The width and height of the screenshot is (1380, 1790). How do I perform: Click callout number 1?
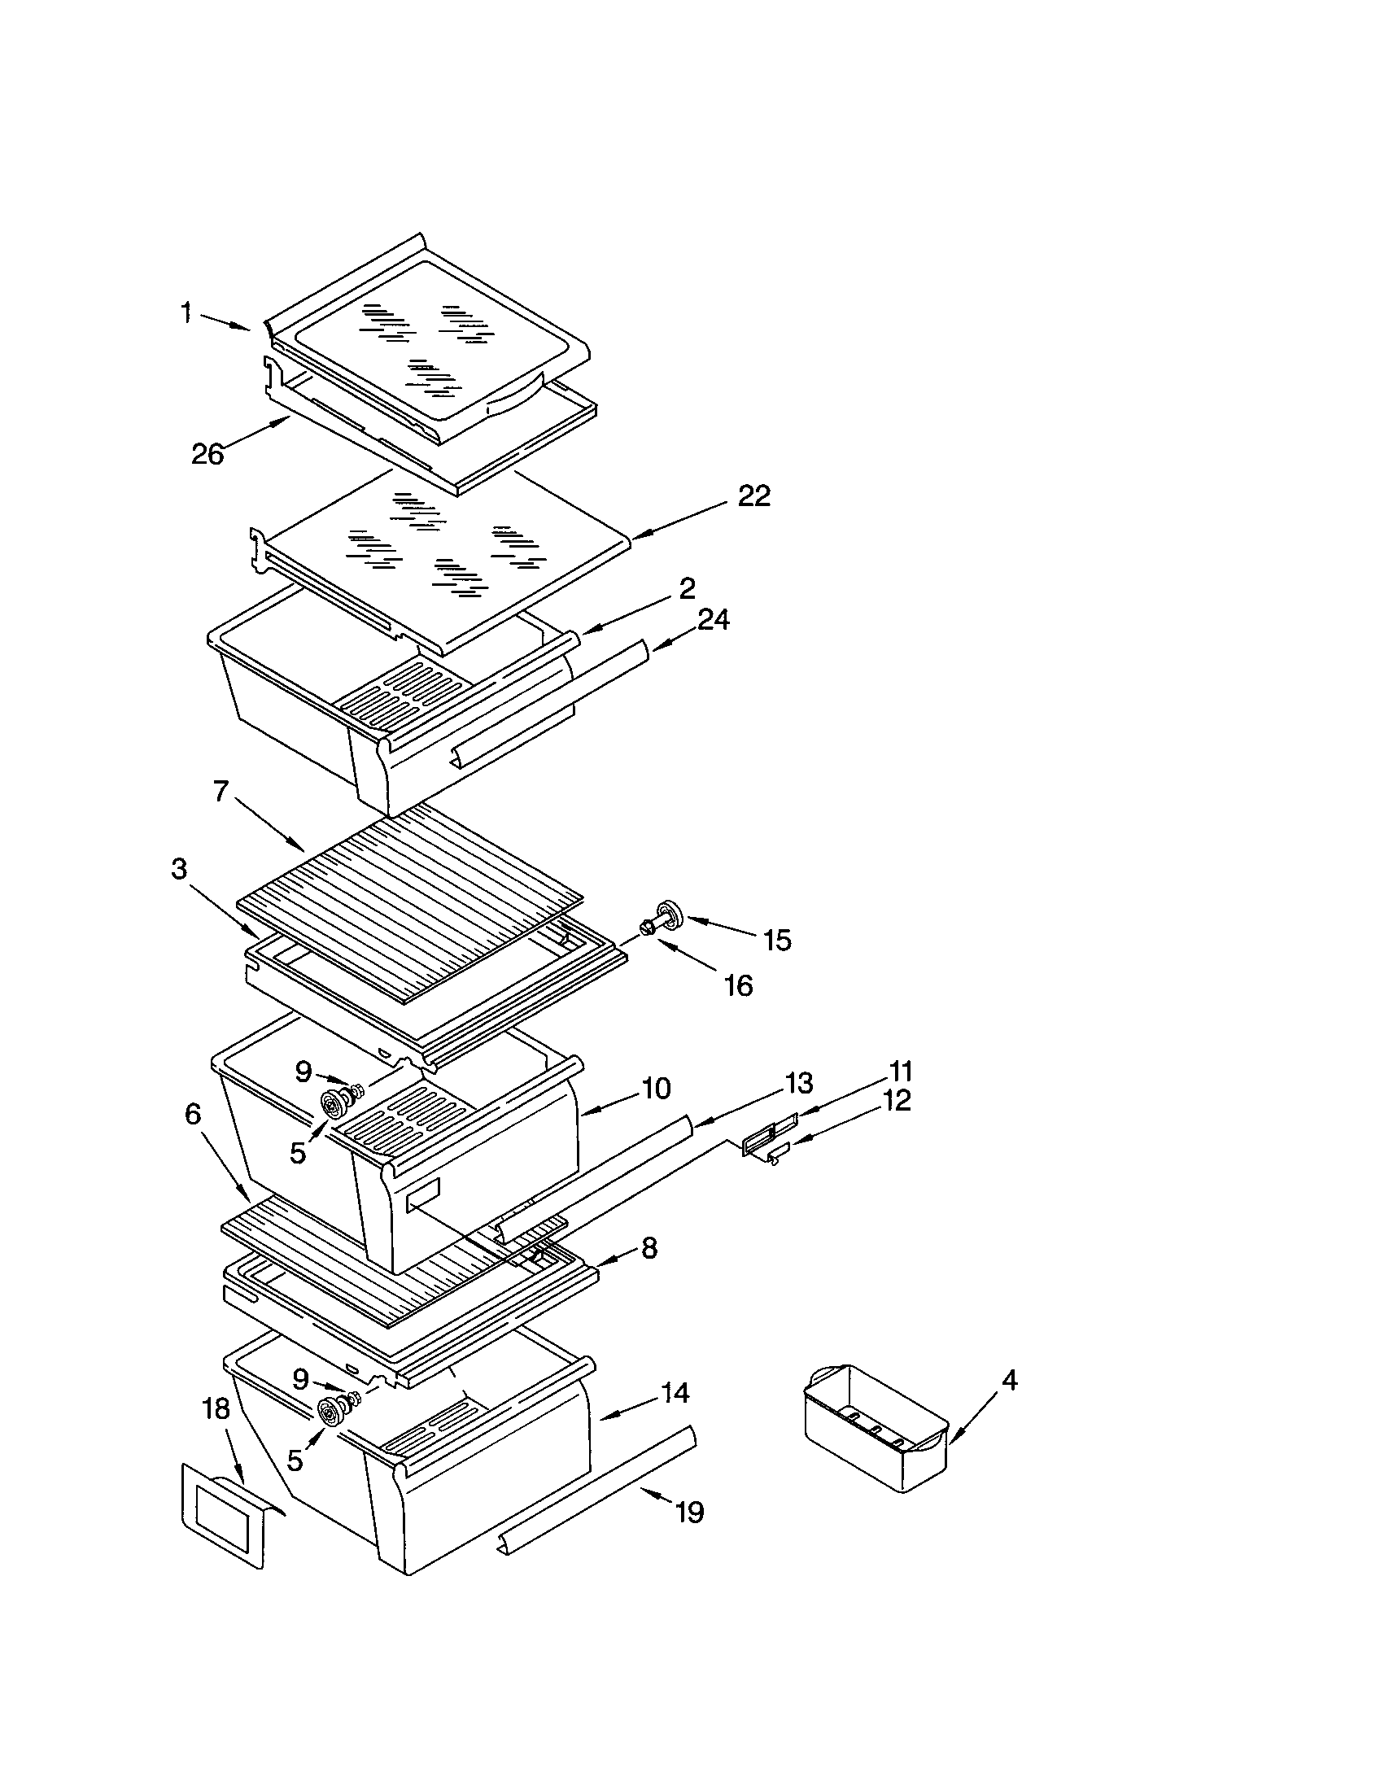click(x=187, y=312)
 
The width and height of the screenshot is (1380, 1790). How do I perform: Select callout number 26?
click(x=207, y=453)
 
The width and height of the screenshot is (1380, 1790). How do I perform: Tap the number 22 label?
click(x=754, y=496)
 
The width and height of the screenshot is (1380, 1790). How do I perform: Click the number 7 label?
click(x=221, y=791)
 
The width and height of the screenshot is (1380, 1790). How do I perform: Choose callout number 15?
click(x=777, y=940)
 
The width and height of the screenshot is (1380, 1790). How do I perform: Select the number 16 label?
click(x=738, y=985)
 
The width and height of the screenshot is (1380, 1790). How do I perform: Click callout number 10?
click(x=656, y=1089)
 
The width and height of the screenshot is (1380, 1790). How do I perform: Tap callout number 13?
click(x=798, y=1083)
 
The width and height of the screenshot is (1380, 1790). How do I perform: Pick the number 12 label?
click(x=897, y=1101)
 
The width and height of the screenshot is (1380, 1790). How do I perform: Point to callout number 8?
click(x=649, y=1248)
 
